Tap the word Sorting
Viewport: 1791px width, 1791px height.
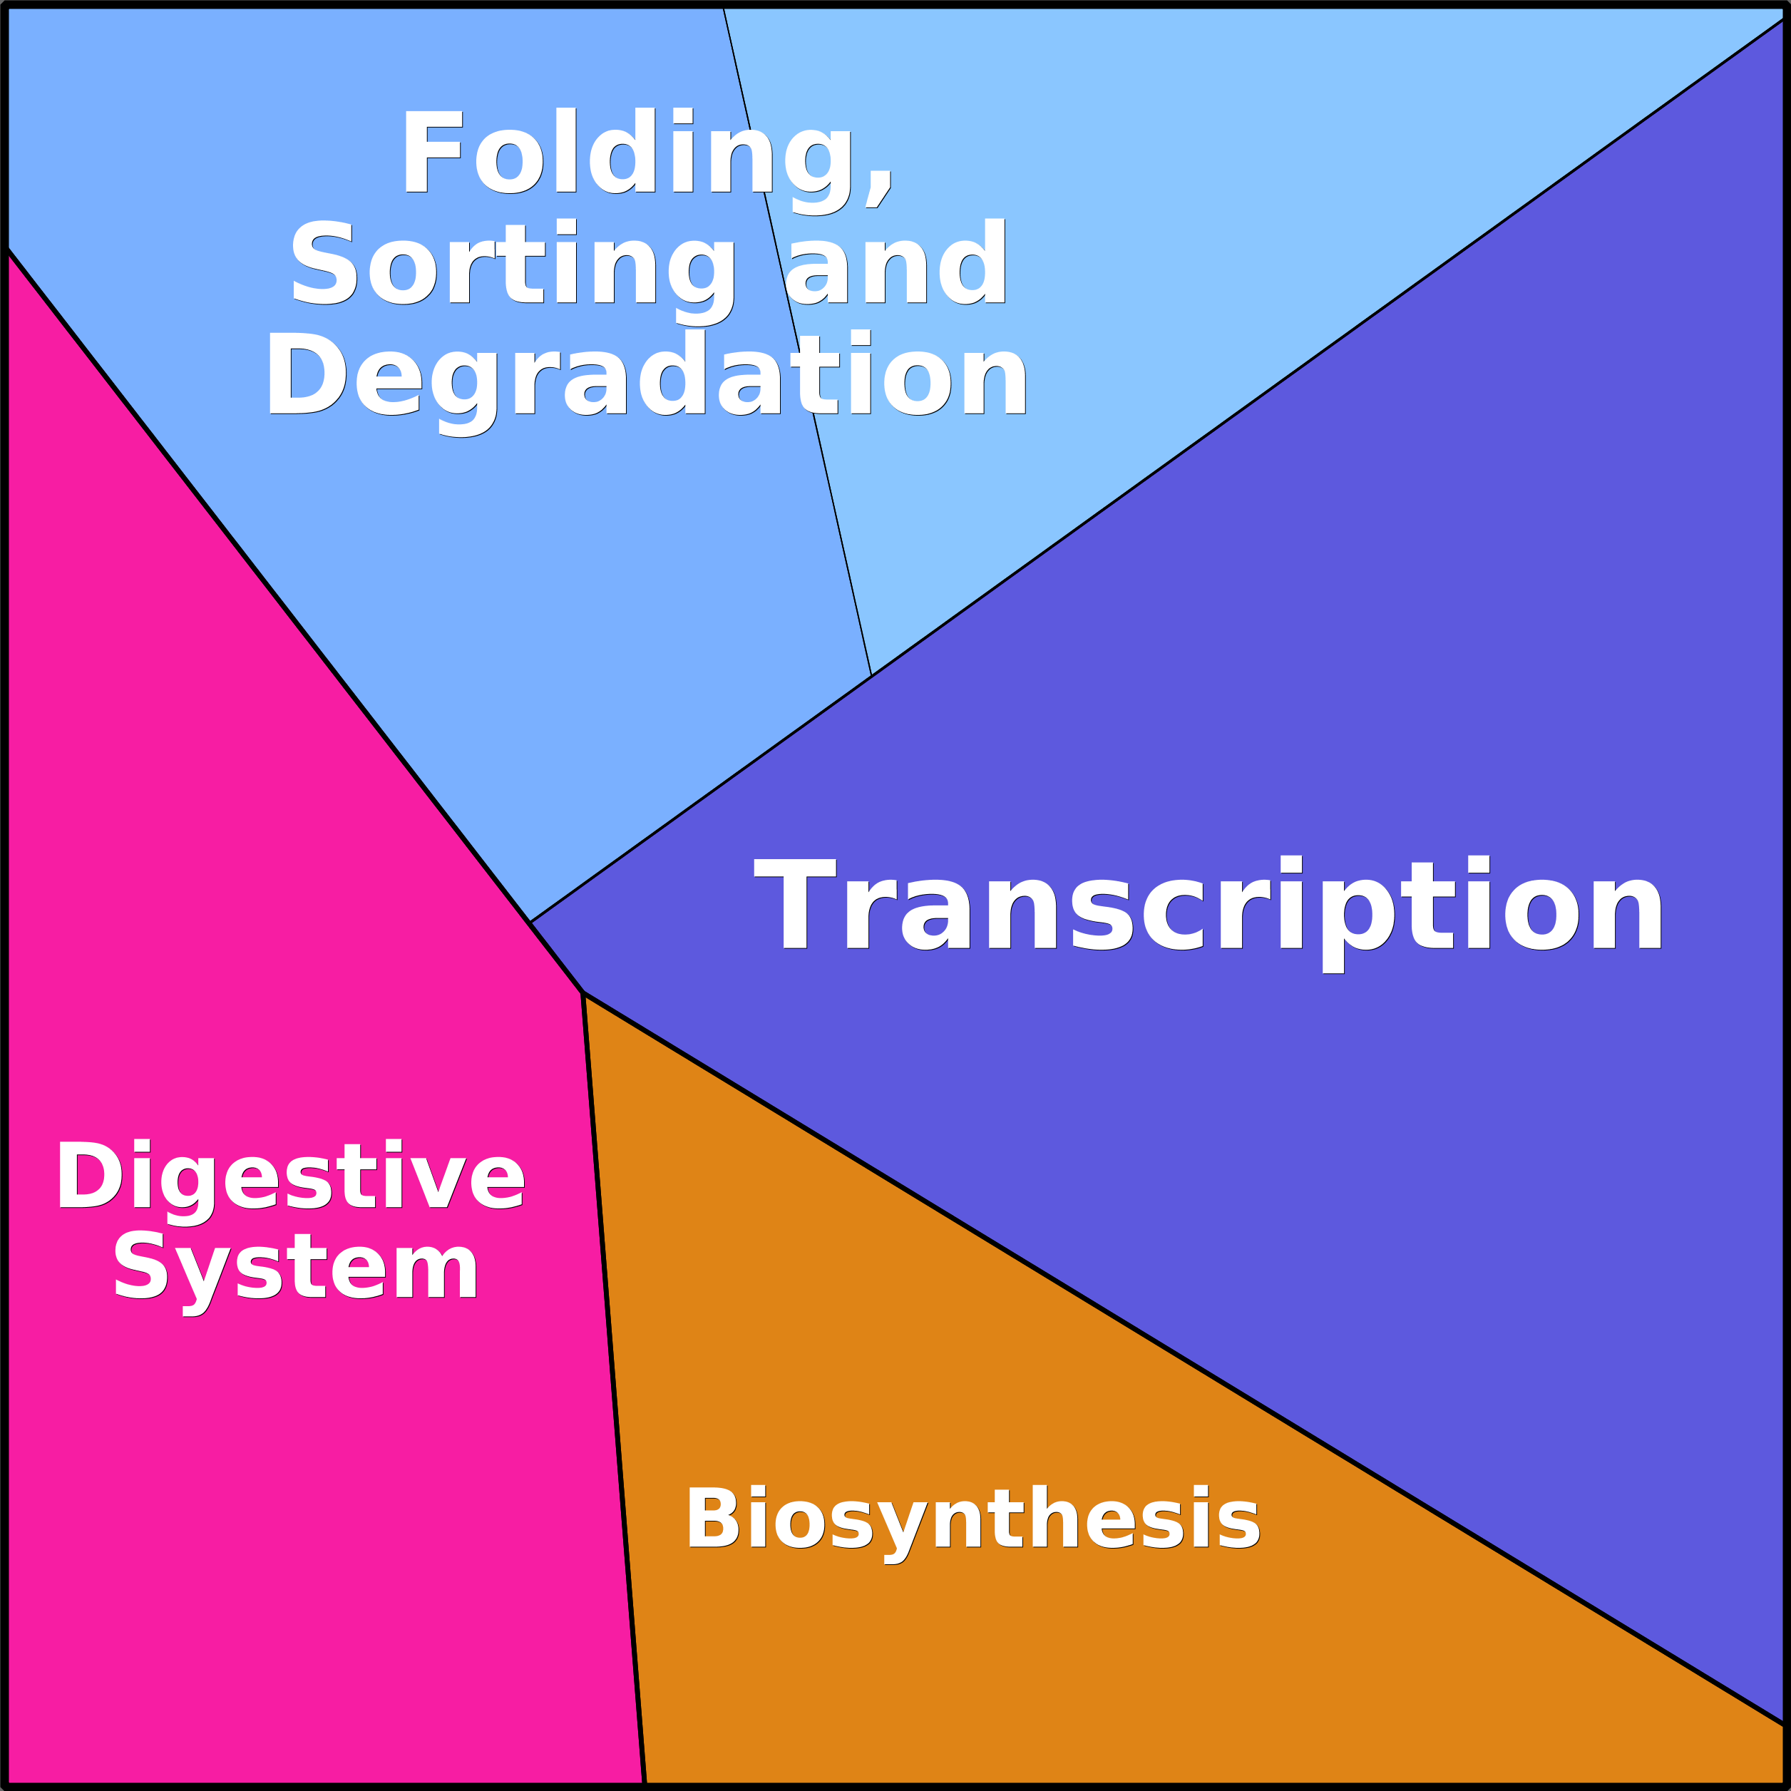point(515,271)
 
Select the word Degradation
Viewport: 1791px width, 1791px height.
point(646,381)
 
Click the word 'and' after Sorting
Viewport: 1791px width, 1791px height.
point(895,262)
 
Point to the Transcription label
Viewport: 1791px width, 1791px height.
point(1210,914)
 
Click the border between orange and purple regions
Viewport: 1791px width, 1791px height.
point(1183,1358)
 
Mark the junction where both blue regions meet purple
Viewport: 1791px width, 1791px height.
point(871,675)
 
